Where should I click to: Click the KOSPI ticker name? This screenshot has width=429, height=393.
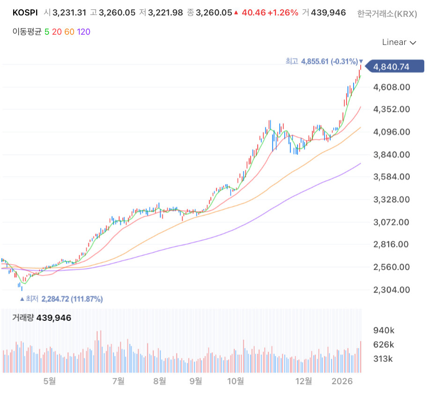[x=25, y=13]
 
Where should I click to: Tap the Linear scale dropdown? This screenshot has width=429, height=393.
[x=399, y=42]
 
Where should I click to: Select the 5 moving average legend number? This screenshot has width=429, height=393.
[x=47, y=32]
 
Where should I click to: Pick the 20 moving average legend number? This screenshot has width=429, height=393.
[x=57, y=32]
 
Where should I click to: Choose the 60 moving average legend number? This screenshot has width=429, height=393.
[x=69, y=32]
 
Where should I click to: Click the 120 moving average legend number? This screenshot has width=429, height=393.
[x=83, y=32]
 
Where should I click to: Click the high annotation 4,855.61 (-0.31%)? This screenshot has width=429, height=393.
[x=329, y=61]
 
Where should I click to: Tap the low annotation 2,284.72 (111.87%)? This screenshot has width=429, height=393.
[x=72, y=299]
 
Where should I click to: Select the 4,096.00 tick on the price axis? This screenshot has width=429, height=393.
[x=392, y=132]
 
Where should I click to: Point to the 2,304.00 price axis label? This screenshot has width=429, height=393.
[x=392, y=289]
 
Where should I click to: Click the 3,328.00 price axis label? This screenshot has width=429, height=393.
[x=392, y=200]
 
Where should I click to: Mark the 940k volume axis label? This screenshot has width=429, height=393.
[x=384, y=330]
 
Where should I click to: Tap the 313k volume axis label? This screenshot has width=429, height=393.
[x=383, y=358]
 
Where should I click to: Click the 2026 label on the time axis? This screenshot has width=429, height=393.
[x=342, y=381]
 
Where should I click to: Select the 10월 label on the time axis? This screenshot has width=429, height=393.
[x=236, y=381]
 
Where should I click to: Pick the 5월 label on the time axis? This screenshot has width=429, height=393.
[x=50, y=381]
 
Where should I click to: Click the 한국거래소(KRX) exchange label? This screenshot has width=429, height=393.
[x=387, y=14]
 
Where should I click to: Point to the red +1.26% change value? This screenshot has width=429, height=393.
[x=283, y=13]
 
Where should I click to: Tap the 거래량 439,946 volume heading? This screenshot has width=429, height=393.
[x=42, y=318]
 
